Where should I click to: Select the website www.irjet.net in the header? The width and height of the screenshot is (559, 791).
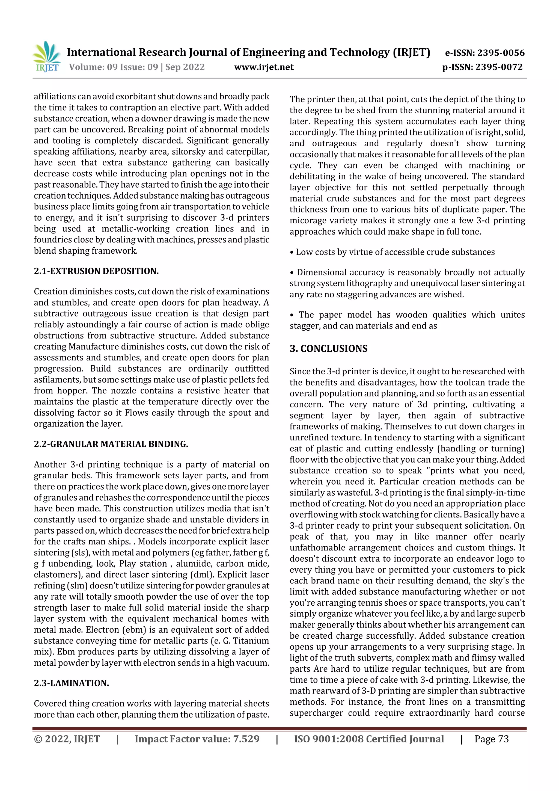[264, 67]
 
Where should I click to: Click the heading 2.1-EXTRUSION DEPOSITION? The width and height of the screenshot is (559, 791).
[96, 271]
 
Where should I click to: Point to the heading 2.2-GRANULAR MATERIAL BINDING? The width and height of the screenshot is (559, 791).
[111, 444]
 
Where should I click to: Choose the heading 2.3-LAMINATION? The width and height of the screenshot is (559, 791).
[71, 683]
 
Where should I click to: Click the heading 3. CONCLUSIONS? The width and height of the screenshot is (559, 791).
[328, 349]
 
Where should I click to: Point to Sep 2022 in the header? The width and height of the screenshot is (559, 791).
[185, 67]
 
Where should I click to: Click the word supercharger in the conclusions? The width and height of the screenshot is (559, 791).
[316, 713]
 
